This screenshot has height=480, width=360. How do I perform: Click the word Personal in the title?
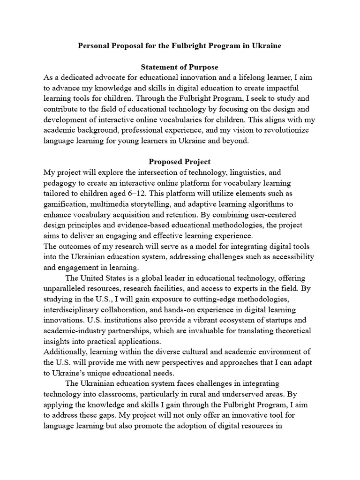point(93,47)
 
